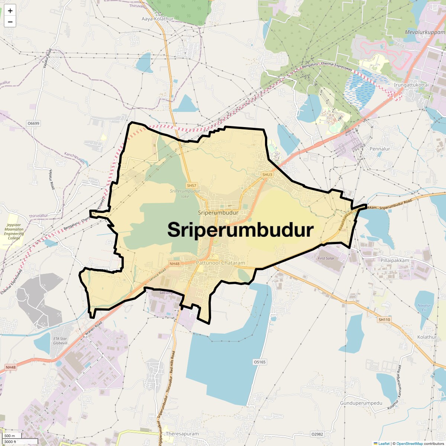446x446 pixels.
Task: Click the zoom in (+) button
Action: point(10,11)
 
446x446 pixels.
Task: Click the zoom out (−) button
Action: point(10,22)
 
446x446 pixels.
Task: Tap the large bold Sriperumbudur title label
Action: point(240,230)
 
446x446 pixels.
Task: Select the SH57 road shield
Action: point(191,185)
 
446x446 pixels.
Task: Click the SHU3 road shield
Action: point(267,175)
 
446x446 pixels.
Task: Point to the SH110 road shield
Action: point(384,320)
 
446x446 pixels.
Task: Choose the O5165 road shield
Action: point(259,362)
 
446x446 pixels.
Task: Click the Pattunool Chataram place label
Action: point(220,263)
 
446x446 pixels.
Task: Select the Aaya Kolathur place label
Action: point(158,19)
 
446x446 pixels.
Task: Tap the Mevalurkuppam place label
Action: point(424,32)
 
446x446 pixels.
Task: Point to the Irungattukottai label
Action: point(411,85)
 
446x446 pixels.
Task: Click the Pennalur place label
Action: point(380,149)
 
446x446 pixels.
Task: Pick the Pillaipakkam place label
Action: point(395,260)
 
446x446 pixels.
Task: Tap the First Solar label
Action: point(326,258)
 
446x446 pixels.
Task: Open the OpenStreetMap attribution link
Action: point(409,443)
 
